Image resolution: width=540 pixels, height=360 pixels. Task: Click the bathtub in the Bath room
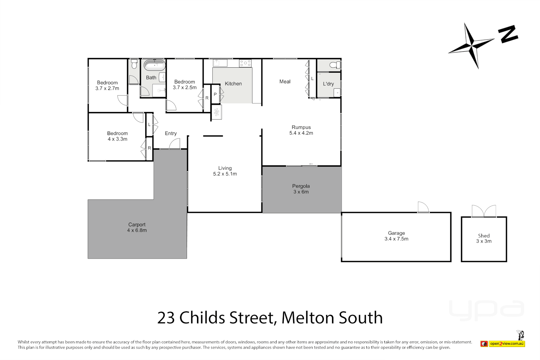[154, 65]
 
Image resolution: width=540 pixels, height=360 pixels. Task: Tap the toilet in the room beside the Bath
[134, 64]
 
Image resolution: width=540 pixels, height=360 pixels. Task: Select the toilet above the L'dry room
[335, 65]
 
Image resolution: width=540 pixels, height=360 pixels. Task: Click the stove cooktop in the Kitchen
[245, 63]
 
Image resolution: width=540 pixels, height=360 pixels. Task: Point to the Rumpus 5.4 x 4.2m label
[301, 130]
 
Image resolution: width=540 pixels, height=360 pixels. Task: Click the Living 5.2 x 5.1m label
[225, 171]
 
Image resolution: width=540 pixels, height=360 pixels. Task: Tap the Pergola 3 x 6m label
[301, 189]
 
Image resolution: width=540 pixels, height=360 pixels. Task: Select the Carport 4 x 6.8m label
[137, 227]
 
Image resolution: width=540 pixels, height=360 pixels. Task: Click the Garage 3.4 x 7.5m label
[396, 236]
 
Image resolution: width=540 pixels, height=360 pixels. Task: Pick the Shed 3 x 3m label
[484, 238]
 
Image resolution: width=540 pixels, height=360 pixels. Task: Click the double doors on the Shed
[484, 211]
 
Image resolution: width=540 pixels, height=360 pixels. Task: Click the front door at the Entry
[174, 144]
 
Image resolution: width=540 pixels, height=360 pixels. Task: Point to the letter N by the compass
[508, 34]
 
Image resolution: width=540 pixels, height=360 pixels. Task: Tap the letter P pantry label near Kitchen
[215, 94]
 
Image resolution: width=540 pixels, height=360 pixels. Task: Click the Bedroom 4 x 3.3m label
[117, 136]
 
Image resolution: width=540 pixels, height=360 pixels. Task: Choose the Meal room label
[285, 81]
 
